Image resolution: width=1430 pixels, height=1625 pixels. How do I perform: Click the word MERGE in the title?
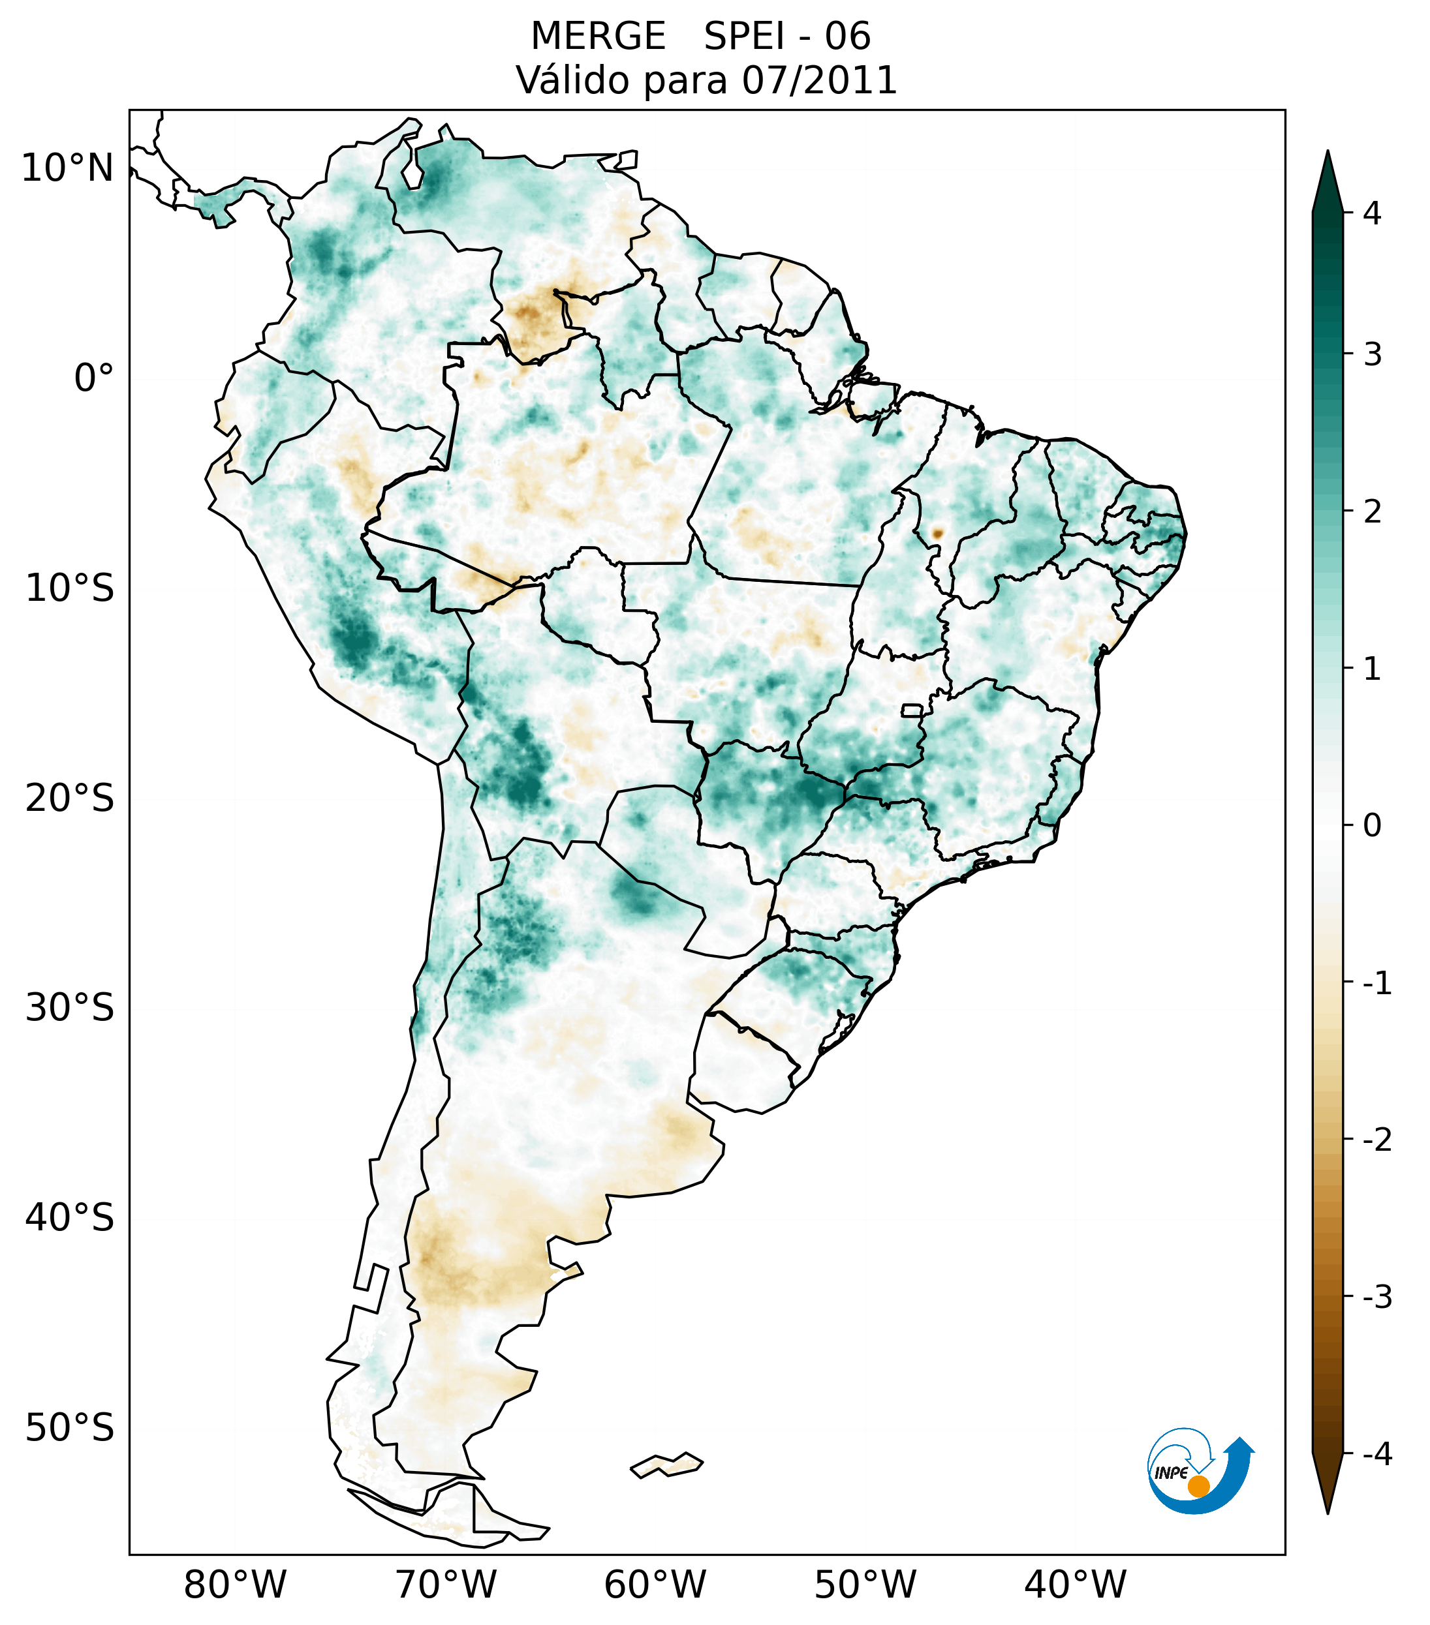(598, 37)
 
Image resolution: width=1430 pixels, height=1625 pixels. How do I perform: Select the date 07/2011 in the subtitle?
(819, 80)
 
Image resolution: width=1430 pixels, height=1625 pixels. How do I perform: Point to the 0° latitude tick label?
(94, 378)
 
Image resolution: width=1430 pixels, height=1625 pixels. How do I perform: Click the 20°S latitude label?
(70, 798)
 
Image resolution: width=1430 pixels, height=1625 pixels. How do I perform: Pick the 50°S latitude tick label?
(70, 1429)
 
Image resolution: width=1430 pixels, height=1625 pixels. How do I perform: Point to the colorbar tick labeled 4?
(1372, 213)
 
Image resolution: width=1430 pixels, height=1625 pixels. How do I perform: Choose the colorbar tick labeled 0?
(1372, 826)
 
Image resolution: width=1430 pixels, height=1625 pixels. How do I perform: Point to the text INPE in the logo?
(1171, 1473)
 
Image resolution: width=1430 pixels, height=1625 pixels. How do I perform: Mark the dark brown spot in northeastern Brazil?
(937, 534)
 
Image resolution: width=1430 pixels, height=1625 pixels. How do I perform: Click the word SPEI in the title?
(743, 37)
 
